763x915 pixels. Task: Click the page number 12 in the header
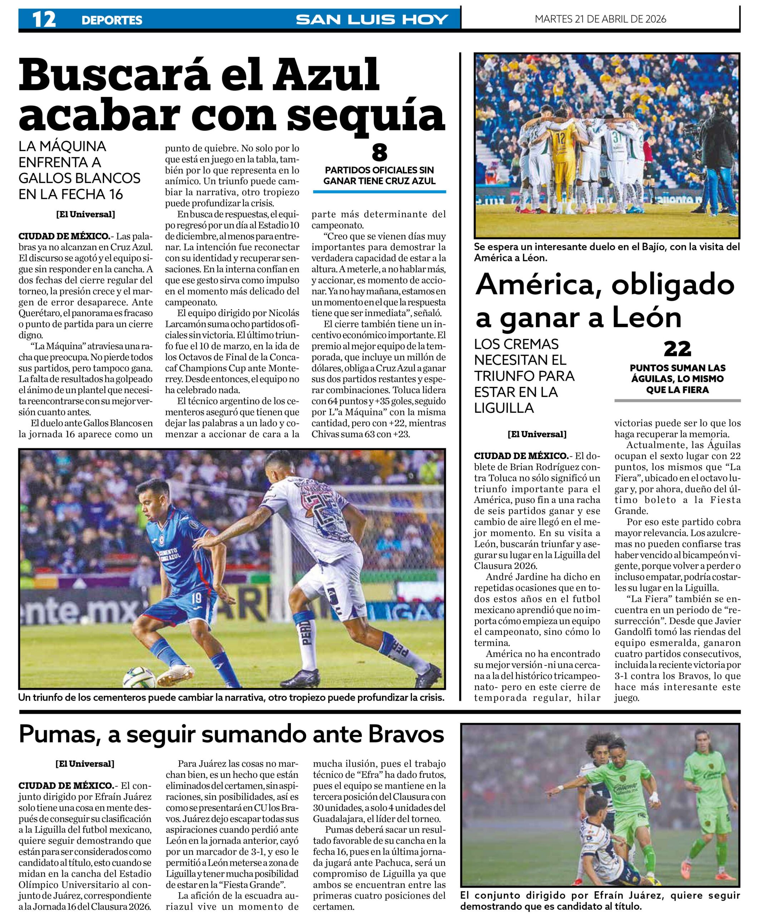(x=44, y=20)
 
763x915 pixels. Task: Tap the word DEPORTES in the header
(x=112, y=20)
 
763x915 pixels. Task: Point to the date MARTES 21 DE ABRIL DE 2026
(x=600, y=19)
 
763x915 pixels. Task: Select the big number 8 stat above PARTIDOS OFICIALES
(x=379, y=153)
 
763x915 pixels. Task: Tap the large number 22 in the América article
(x=677, y=349)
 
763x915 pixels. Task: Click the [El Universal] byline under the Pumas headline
(x=85, y=764)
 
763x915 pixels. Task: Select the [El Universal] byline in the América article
(x=537, y=434)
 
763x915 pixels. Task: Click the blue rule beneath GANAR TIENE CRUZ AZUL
(x=379, y=192)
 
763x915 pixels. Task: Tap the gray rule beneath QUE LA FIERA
(x=677, y=400)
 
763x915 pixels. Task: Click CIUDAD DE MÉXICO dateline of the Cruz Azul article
(x=64, y=237)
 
